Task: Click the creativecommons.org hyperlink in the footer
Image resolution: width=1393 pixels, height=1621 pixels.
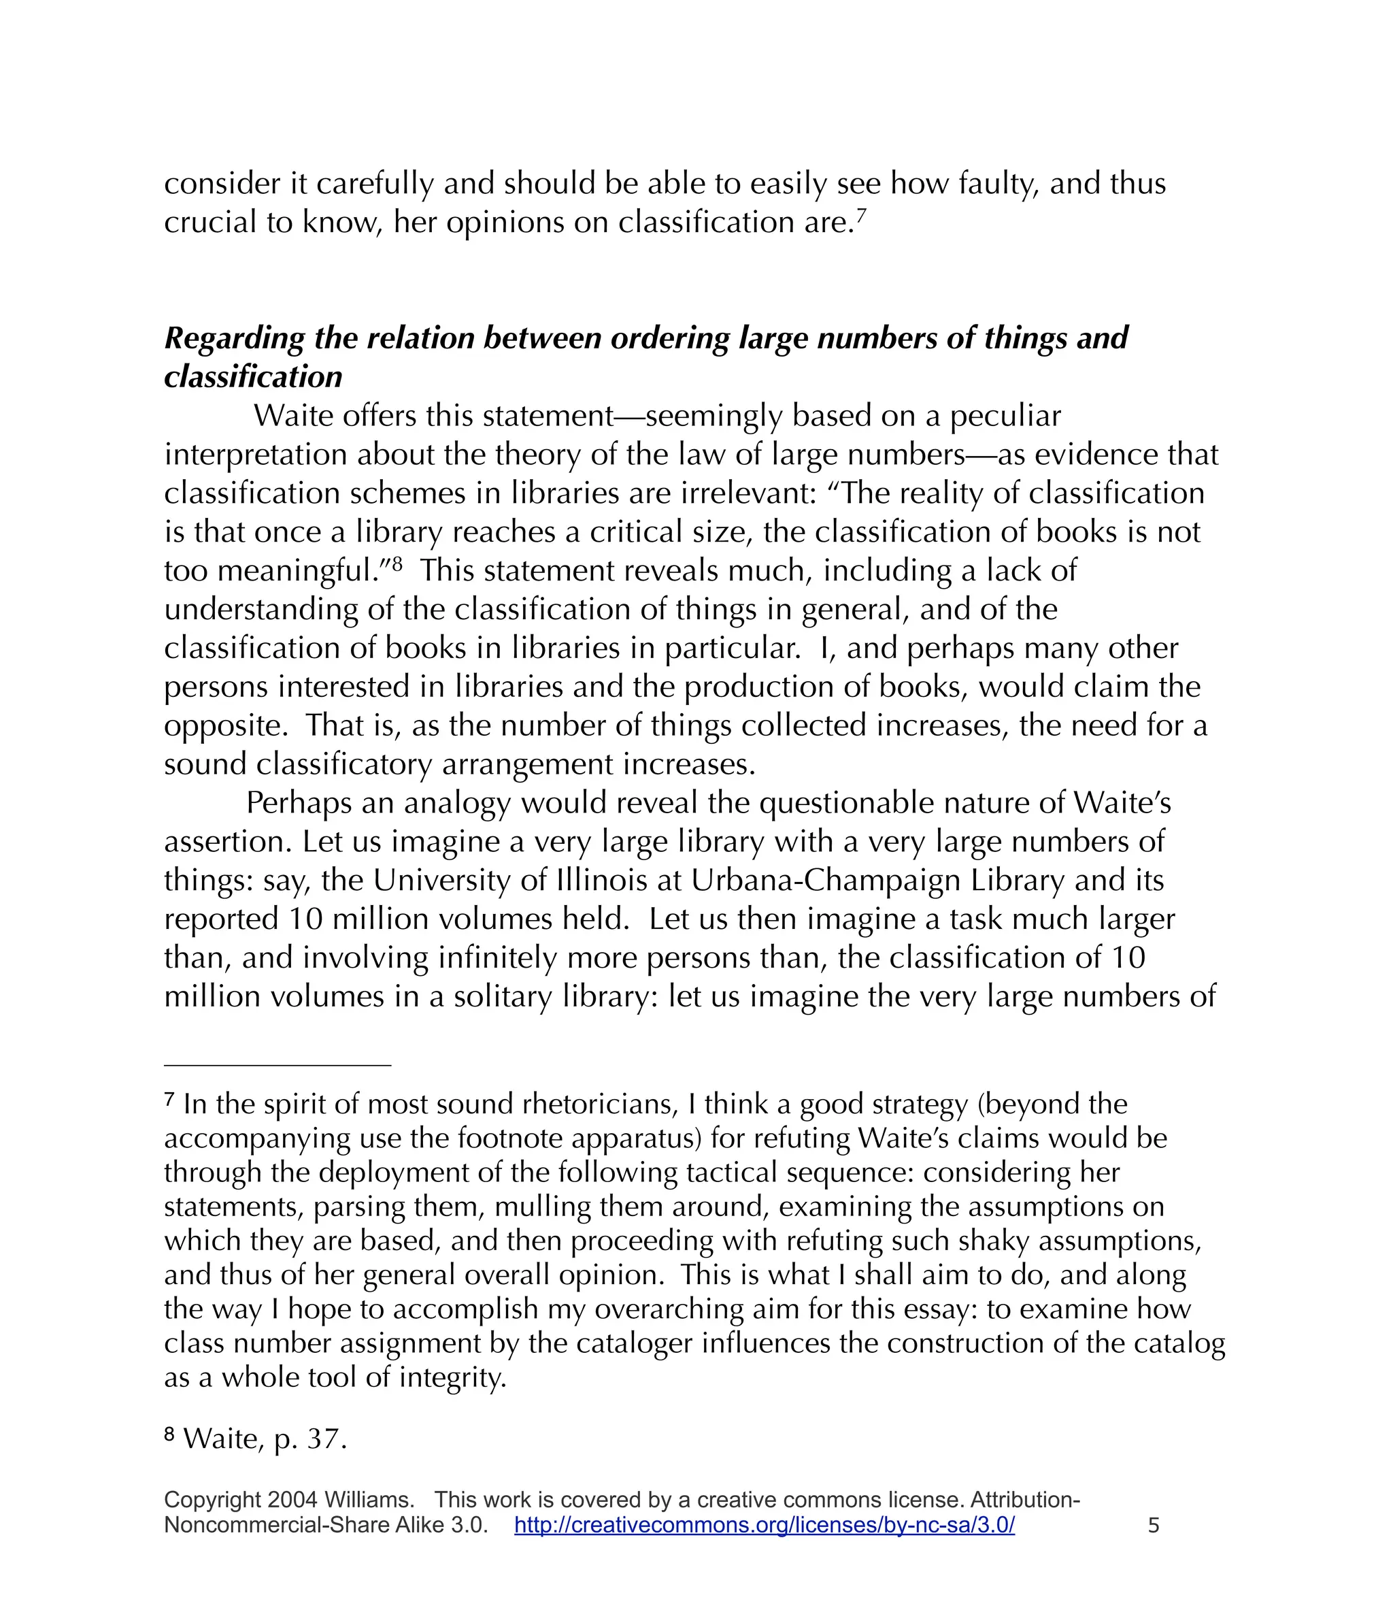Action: pos(764,1525)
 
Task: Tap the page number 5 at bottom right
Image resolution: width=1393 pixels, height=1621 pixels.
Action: pos(1153,1525)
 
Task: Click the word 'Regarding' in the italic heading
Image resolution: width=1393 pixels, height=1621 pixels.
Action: pos(233,339)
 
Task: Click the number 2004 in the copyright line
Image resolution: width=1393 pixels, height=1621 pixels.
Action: pos(292,1500)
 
